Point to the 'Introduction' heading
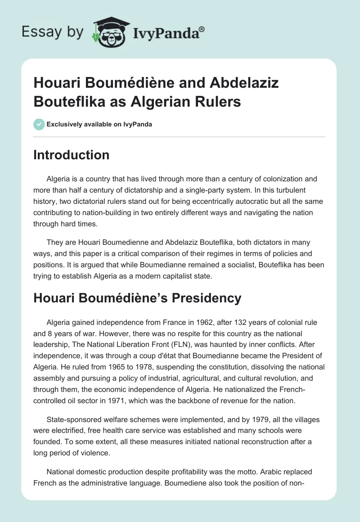(x=72, y=155)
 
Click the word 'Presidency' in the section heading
(x=204, y=298)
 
